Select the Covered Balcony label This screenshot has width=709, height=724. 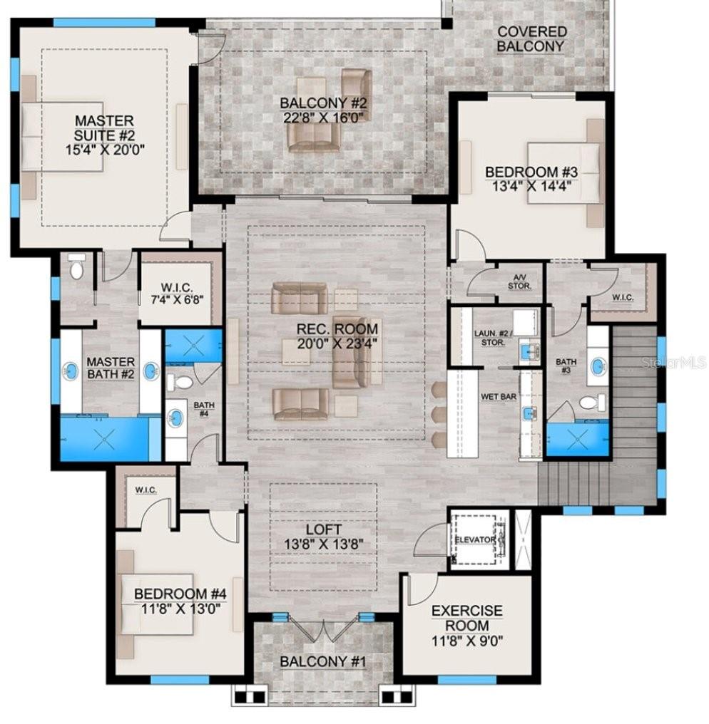click(532, 39)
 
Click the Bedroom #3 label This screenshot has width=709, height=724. click(531, 172)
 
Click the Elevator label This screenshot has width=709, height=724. click(475, 540)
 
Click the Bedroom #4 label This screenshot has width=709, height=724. click(180, 594)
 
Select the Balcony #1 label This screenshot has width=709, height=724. click(322, 661)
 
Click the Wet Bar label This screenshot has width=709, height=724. click(499, 395)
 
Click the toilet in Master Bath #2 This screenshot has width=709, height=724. click(77, 267)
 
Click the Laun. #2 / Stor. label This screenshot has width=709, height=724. click(490, 337)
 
